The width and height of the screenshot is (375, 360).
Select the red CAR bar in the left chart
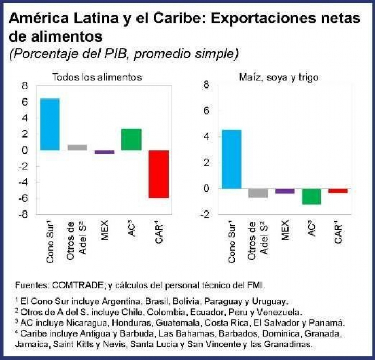(159, 174)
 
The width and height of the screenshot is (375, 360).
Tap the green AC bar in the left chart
(132, 139)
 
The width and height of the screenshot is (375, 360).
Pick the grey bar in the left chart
(77, 147)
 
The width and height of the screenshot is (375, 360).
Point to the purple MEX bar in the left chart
(104, 152)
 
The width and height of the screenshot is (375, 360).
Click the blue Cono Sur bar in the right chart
(232, 159)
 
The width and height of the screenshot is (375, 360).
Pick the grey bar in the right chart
(258, 193)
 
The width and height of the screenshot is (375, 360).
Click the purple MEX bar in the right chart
(285, 191)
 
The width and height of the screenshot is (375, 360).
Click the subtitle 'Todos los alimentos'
(96, 77)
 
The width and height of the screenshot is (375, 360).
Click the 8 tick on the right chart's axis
(206, 85)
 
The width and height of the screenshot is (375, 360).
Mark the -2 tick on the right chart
(204, 215)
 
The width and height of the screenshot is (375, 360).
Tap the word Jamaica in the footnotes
(31, 344)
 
